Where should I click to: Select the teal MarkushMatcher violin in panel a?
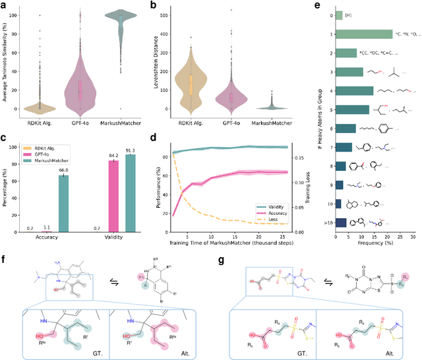click(x=127, y=26)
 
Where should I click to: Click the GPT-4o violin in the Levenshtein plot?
click(x=231, y=96)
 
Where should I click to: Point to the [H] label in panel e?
click(x=349, y=15)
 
